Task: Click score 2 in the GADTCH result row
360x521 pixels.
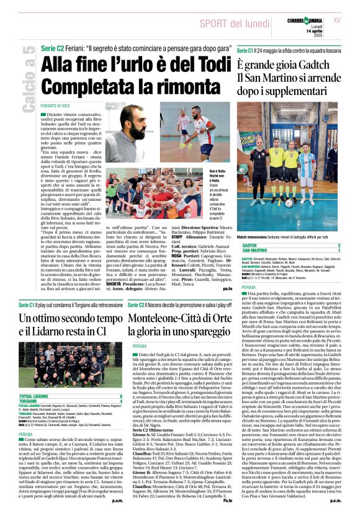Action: coord(341,244)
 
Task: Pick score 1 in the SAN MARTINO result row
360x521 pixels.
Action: coord(341,251)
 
